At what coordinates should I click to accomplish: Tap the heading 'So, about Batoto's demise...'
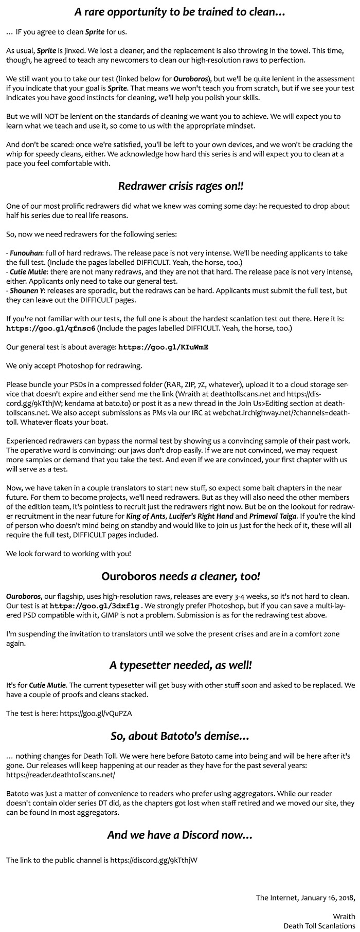(180, 736)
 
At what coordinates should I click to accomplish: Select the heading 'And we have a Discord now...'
(180, 835)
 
